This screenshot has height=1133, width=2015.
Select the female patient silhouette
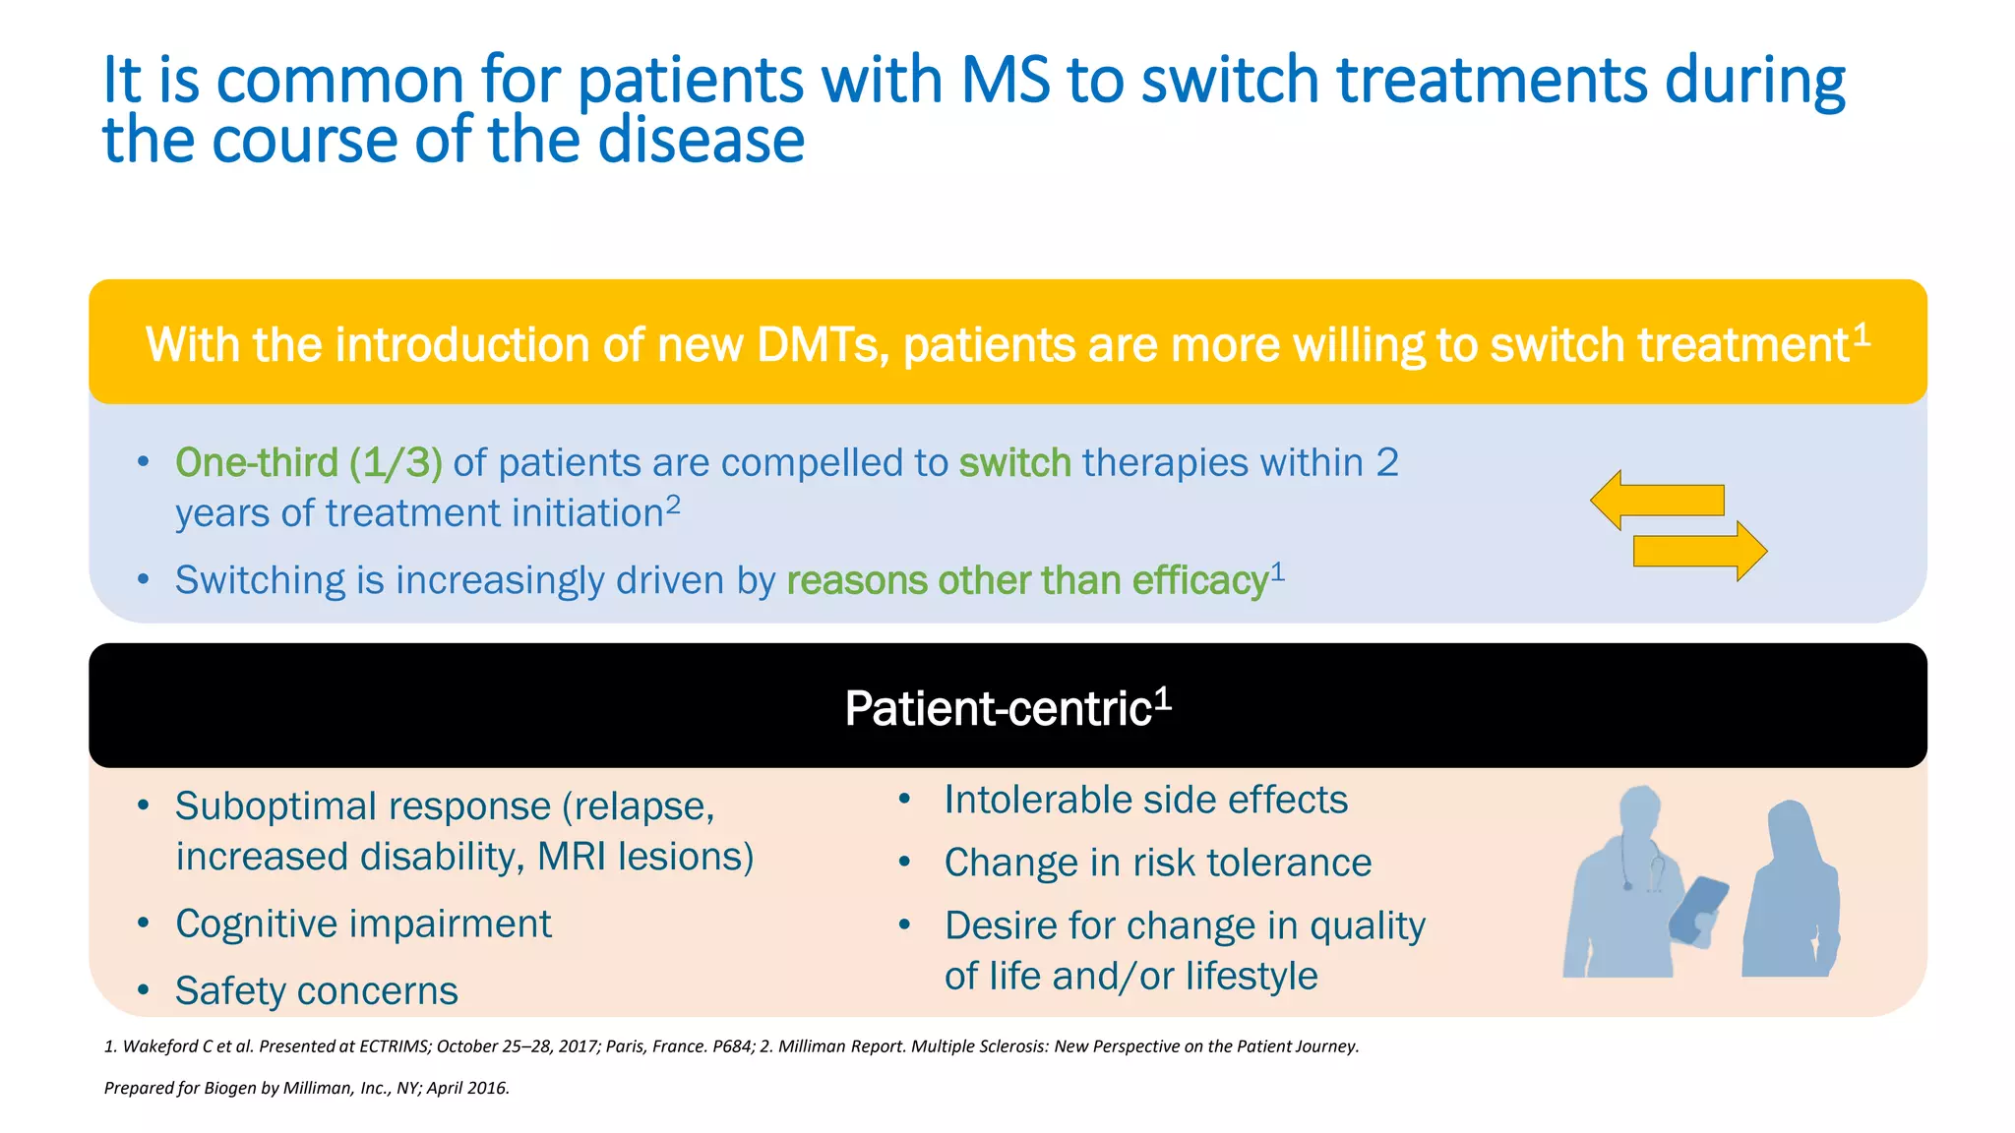tap(1791, 895)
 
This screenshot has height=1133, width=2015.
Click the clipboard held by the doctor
tap(1700, 910)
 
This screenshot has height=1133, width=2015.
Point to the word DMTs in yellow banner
tap(822, 345)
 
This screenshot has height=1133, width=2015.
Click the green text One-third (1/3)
tap(309, 462)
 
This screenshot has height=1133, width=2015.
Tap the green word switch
tap(1014, 462)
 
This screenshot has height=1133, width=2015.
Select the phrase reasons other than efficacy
tap(1027, 580)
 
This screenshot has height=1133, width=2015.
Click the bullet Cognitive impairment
tap(363, 924)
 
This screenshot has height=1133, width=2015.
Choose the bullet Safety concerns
tap(316, 990)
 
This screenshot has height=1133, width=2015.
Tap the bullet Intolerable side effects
tap(1145, 800)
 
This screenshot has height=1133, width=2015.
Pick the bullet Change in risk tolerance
tap(1157, 863)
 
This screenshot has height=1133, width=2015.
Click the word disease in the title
tap(701, 141)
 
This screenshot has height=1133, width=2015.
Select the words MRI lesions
tap(644, 857)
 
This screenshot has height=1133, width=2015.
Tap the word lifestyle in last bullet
tap(1251, 976)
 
